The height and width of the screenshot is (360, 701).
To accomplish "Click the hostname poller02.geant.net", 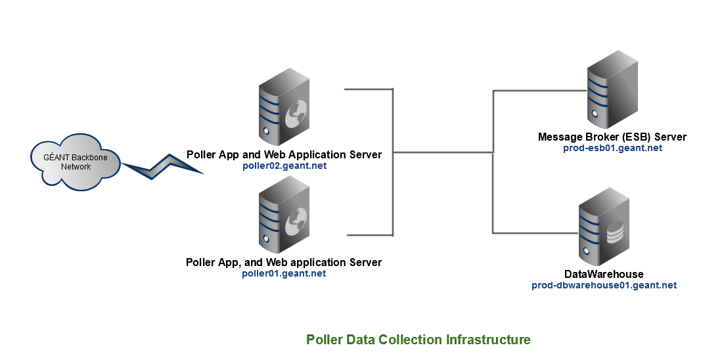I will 284,166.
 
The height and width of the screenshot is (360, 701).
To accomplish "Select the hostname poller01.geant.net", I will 284,273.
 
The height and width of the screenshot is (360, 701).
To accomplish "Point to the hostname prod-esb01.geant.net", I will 612,148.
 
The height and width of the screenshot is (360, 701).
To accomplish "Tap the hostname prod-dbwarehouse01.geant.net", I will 604,285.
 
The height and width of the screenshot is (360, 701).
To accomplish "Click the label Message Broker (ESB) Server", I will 612,137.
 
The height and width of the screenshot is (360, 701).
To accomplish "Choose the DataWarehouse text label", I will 604,274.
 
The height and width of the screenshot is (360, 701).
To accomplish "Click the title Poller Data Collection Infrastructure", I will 418,340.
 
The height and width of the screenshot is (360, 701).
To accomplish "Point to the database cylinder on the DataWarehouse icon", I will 616,233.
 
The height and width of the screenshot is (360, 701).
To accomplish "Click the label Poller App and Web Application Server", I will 284,155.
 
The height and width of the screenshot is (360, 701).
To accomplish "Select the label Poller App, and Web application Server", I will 284,262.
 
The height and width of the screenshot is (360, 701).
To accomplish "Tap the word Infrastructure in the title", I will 488,340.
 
